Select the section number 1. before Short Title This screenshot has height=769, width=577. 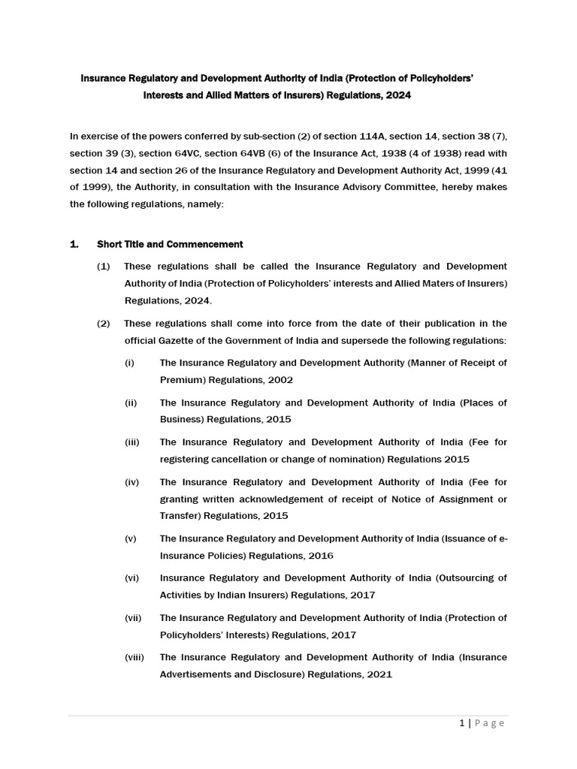tap(74, 244)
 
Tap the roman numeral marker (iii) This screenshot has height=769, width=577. tap(132, 442)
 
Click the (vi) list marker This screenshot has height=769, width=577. tap(131, 578)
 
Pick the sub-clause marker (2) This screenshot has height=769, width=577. tap(103, 324)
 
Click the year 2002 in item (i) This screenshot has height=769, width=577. tap(279, 380)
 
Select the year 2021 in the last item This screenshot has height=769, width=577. tap(379, 674)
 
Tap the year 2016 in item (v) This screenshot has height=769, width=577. tap(320, 556)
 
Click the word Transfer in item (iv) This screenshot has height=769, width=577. tap(180, 516)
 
